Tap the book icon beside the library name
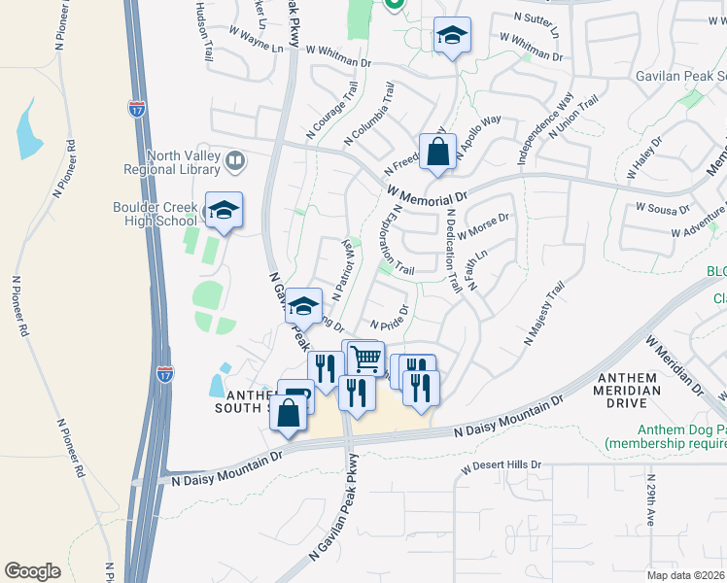pos(234,160)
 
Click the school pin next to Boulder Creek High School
pos(224,211)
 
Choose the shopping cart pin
pos(365,359)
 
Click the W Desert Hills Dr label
pos(501,465)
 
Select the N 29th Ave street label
pos(650,498)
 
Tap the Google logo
pos(32,571)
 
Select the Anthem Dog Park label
pos(665,436)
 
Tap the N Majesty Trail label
pos(543,314)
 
